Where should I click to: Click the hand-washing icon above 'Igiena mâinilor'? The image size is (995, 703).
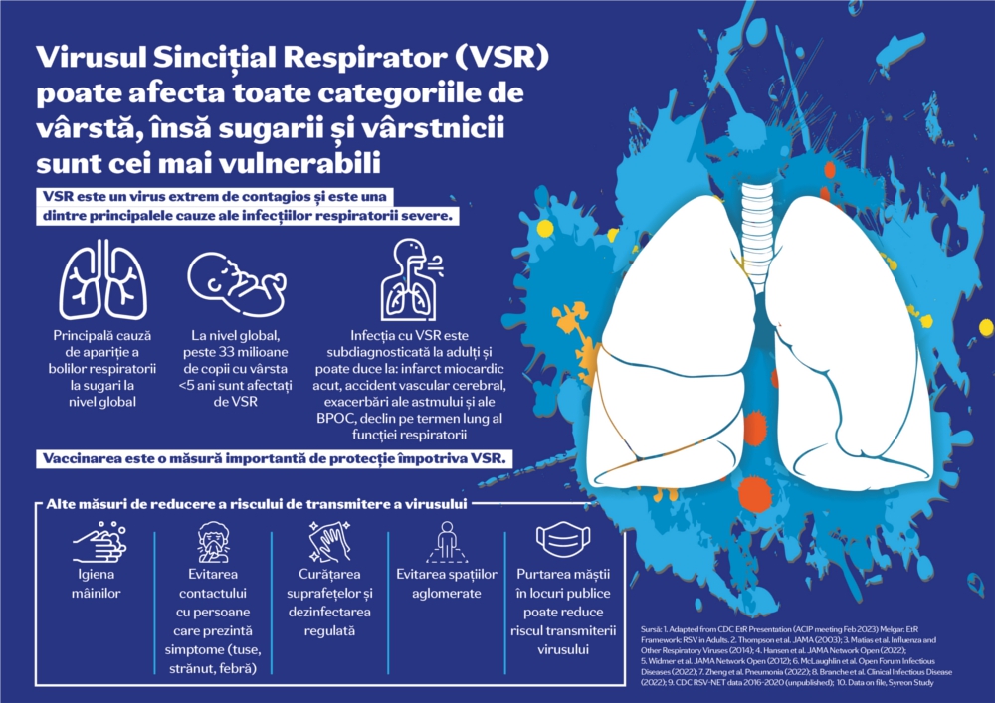pyautogui.click(x=98, y=543)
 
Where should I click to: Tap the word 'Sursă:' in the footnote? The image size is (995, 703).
pyautogui.click(x=655, y=630)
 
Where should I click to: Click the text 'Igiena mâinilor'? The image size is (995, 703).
pyautogui.click(x=98, y=584)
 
